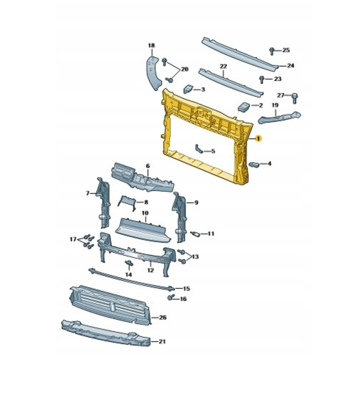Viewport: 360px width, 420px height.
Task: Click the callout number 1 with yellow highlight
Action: [258, 138]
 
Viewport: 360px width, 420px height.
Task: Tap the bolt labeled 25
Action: [272, 51]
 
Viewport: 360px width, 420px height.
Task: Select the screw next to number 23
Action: [262, 79]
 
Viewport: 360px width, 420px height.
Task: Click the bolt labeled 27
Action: [294, 98]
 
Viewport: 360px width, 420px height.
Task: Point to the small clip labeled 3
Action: [189, 89]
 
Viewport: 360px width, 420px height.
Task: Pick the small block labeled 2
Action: [244, 107]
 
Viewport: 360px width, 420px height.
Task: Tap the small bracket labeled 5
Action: [199, 149]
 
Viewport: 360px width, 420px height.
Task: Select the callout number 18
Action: [151, 46]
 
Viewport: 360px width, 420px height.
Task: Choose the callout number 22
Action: [223, 67]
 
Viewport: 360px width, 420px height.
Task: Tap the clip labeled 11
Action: [195, 234]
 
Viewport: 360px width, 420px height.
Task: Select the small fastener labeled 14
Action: [129, 264]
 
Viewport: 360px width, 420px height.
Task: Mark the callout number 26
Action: [163, 318]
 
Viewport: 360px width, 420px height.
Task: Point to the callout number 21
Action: [162, 342]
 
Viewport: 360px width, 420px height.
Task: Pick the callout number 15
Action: [186, 289]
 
